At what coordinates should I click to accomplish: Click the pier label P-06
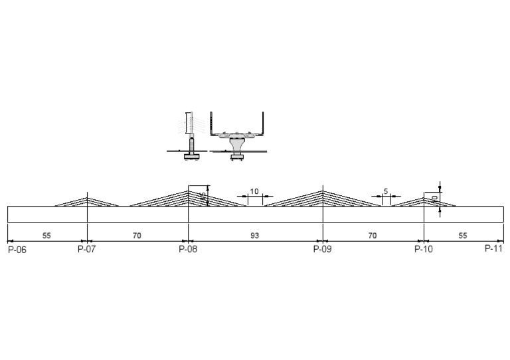tap(17, 250)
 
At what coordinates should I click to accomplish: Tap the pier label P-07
tap(86, 250)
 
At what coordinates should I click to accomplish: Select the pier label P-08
tap(188, 250)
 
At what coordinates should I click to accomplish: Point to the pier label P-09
tap(322, 250)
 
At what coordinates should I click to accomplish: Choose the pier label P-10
tap(424, 250)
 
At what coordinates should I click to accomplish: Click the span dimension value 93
tap(255, 236)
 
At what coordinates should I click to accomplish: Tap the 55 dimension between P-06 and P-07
tap(46, 236)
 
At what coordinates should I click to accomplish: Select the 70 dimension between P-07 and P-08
tap(137, 236)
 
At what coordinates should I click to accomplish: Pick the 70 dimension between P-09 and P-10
tap(373, 236)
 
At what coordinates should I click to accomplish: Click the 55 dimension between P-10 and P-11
tap(463, 236)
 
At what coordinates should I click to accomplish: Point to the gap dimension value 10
tap(254, 191)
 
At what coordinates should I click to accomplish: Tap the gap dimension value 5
tap(386, 191)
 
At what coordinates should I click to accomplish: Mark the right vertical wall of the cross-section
tap(265, 124)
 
